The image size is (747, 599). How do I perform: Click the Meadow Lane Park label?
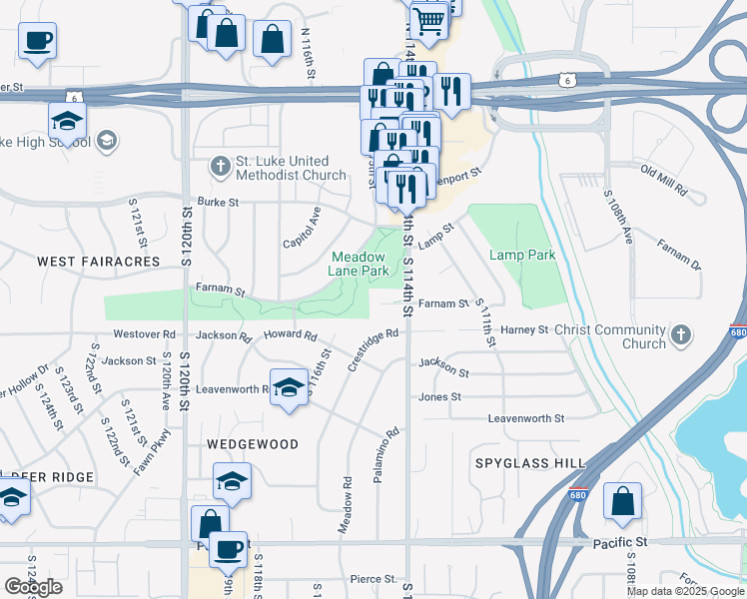click(x=360, y=263)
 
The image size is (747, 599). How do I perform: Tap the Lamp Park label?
click(x=522, y=256)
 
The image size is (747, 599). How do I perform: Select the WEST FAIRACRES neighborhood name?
click(x=98, y=262)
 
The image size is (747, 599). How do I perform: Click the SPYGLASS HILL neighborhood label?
click(x=529, y=463)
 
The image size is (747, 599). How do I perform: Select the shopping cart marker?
click(x=428, y=19)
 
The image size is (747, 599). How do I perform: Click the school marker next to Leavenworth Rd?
click(x=289, y=387)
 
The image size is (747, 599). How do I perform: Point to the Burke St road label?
click(x=219, y=202)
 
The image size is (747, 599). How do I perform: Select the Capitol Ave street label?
click(x=301, y=228)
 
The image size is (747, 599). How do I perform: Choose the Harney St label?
click(x=525, y=329)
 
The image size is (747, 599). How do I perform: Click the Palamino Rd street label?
click(x=386, y=456)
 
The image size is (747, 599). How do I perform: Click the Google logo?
click(x=33, y=587)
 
